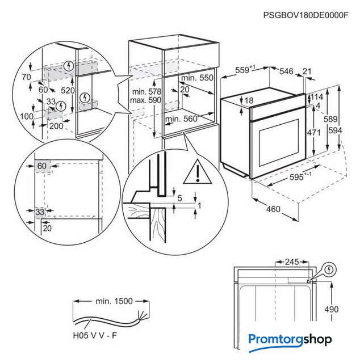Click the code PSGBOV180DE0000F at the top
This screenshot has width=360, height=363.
[305, 16]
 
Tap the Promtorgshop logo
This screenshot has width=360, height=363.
[290, 340]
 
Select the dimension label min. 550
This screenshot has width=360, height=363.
[197, 78]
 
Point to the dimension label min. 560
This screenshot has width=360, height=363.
[181, 119]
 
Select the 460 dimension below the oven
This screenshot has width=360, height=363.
[273, 209]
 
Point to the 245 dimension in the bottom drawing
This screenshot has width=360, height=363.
[291, 262]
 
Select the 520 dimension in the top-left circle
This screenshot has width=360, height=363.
[68, 90]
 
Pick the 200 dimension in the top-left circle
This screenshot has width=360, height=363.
[56, 125]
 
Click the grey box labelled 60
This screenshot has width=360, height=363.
[42, 166]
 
